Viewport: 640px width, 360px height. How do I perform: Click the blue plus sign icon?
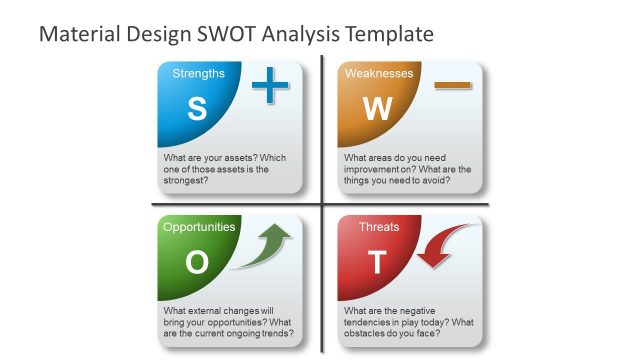pos(269,87)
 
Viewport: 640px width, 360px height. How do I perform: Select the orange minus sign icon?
pos(453,87)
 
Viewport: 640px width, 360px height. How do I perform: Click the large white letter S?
pos(197,109)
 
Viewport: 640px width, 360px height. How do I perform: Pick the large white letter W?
pos(377,109)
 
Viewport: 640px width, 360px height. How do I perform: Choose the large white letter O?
pos(197,262)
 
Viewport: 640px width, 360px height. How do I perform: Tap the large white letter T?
pos(377,262)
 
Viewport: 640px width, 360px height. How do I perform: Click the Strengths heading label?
pos(198,73)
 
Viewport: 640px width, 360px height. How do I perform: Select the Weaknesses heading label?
pos(379,73)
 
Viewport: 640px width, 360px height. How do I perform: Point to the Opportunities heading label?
pos(199,227)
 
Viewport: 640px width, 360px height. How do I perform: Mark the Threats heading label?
pos(379,227)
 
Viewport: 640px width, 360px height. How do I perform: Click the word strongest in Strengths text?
pos(185,181)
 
